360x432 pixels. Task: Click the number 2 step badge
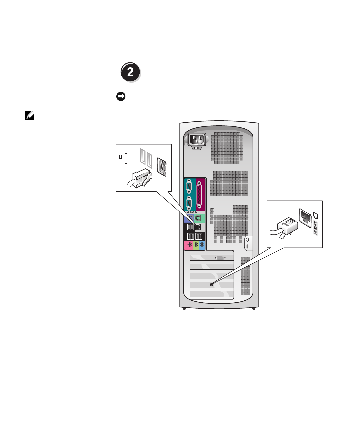pos(130,72)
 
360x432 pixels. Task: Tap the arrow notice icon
pos(121,97)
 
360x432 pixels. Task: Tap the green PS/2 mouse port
pos(197,219)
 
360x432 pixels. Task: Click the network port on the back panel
pos(198,227)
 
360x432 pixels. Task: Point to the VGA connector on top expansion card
pos(219,258)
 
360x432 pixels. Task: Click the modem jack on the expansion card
pos(211,284)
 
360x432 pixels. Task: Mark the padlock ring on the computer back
pos(247,244)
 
